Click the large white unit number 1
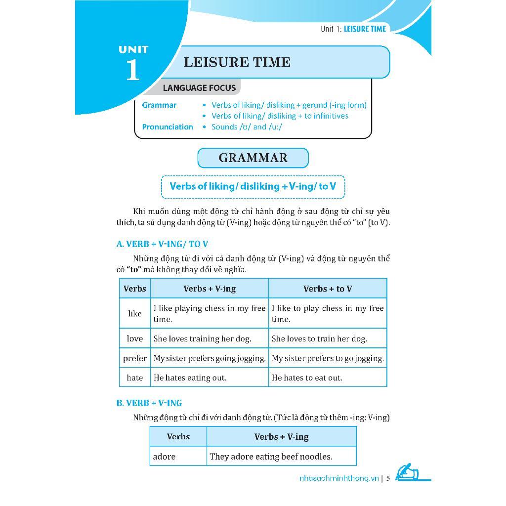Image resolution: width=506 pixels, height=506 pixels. click(132, 70)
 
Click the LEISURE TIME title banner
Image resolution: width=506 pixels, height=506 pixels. click(283, 62)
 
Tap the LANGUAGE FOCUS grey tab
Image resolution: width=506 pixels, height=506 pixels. click(199, 88)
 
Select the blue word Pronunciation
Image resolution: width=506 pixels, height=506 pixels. click(168, 127)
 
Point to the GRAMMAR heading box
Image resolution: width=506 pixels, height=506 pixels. click(253, 158)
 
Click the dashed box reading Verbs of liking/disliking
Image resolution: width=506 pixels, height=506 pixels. click(253, 186)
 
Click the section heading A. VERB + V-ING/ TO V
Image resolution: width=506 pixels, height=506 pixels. click(162, 244)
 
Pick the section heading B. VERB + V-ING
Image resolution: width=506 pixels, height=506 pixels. click(149, 403)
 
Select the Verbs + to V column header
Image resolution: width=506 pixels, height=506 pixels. click(327, 289)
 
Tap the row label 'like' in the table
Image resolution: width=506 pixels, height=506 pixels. click(134, 313)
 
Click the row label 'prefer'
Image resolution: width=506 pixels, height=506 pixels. click(134, 358)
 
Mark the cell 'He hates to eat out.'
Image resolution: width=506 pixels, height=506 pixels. click(307, 378)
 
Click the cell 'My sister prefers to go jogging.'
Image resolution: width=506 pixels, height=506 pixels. click(328, 358)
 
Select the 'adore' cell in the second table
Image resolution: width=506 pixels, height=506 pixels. click(165, 457)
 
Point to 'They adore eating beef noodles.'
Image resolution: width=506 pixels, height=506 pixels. click(271, 457)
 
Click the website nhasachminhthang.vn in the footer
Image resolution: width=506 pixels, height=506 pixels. click(339, 478)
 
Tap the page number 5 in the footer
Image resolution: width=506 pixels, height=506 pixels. click(388, 478)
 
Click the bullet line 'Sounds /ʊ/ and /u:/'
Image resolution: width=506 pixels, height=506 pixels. click(247, 127)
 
